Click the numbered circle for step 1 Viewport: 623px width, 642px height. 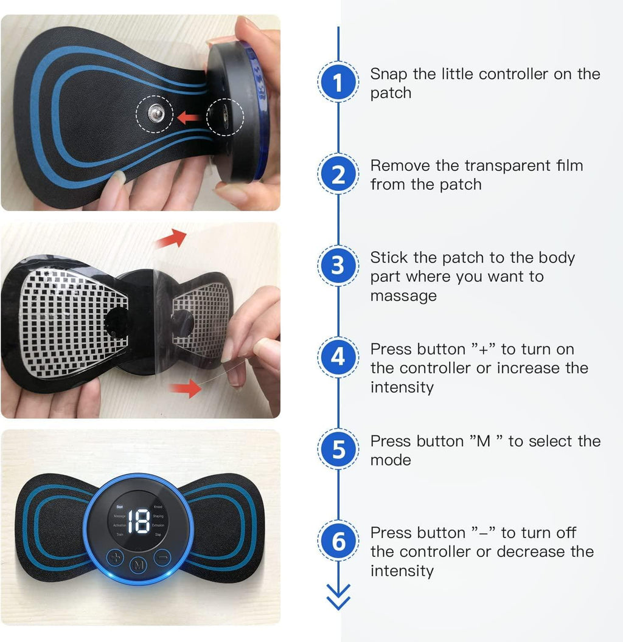pos(338,83)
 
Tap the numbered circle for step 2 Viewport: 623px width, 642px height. pos(338,174)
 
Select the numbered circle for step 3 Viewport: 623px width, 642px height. pos(338,266)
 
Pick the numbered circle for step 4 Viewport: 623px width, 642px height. pos(338,357)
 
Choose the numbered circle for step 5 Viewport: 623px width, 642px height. pos(338,449)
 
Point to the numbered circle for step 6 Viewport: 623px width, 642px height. pos(338,541)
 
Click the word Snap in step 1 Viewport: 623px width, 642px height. pos(389,74)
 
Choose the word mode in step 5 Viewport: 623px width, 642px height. pos(391,460)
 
